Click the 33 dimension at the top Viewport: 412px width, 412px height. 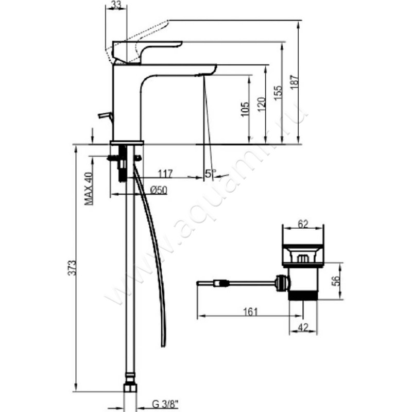pos(117,6)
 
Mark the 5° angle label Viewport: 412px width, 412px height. pos(210,174)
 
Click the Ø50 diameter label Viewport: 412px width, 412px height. pos(158,190)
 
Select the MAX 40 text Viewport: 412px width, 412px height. pos(89,188)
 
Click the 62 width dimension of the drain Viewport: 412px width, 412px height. pos(303,224)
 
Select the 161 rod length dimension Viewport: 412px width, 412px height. pos(250,312)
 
